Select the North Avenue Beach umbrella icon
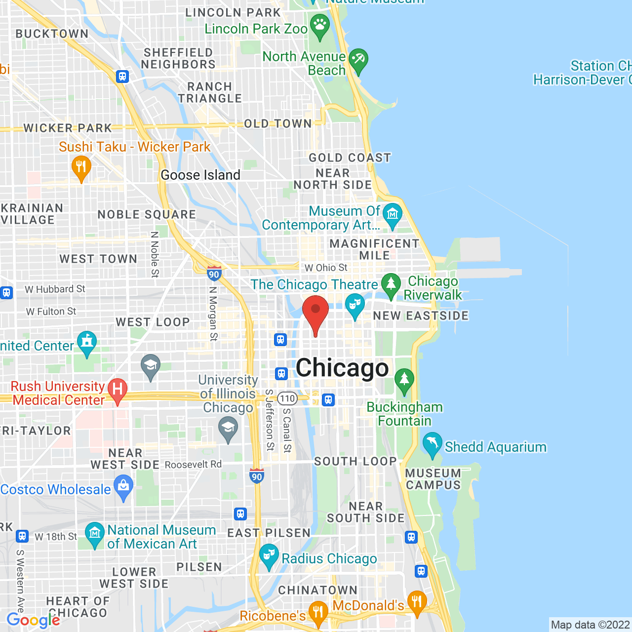tap(358, 60)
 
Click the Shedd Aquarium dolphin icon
tap(432, 444)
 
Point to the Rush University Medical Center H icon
tap(118, 390)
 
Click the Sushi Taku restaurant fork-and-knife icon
tap(81, 167)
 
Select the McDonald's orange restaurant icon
tap(417, 602)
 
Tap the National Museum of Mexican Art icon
tap(94, 534)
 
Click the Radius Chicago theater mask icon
tap(269, 555)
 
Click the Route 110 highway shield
tap(287, 398)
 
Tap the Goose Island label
tap(200, 175)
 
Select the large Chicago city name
tap(342, 368)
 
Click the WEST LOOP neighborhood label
tap(153, 322)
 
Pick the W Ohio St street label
tap(326, 268)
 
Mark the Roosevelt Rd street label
tap(193, 464)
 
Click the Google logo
tap(33, 621)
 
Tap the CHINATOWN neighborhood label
tap(317, 590)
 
